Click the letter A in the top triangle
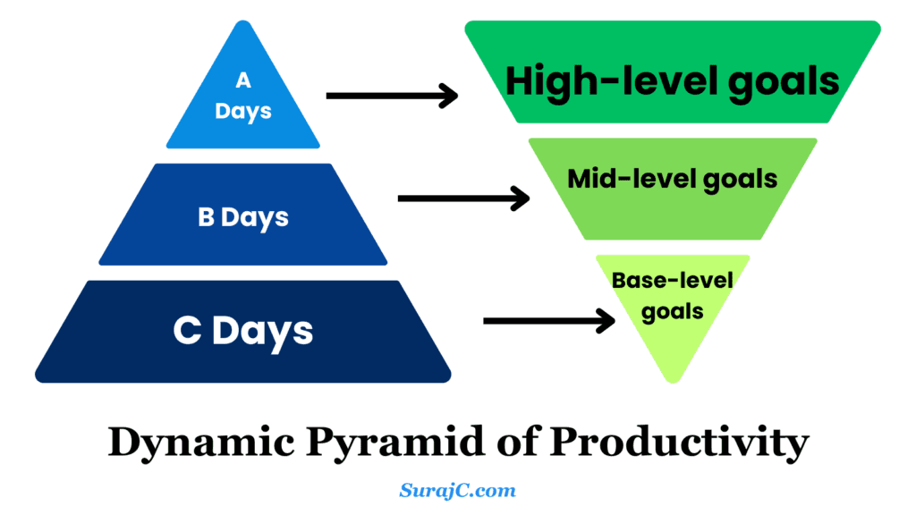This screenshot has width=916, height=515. pos(242,80)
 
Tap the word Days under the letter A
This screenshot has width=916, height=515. pos(242,114)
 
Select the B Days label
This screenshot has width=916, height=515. pos(242,217)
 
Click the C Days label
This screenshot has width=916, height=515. pos(242,331)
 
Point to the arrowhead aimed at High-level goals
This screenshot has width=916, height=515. pos(448,95)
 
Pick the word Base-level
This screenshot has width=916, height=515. pos(673,281)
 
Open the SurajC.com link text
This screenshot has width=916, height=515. pos(457,490)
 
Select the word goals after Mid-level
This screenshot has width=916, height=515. pos(739,179)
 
